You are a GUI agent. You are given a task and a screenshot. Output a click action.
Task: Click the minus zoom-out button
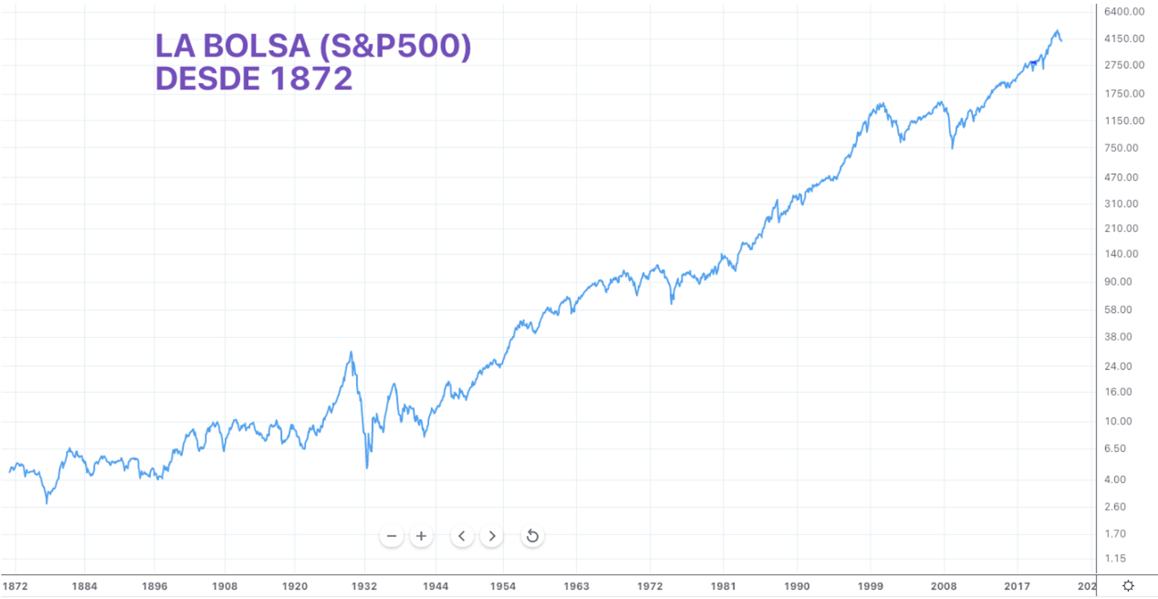click(x=391, y=536)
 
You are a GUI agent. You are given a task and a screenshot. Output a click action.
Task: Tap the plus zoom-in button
click(x=421, y=536)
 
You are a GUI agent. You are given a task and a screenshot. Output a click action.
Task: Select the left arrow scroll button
click(x=462, y=536)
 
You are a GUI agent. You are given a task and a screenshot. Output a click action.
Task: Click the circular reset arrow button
click(x=532, y=536)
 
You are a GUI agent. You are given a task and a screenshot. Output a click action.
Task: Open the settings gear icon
click(x=1128, y=586)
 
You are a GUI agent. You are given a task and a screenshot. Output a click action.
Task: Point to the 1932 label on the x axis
click(x=364, y=586)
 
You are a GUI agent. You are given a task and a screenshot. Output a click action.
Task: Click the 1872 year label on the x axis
click(x=15, y=586)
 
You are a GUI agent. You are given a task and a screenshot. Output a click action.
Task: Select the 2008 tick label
click(x=944, y=586)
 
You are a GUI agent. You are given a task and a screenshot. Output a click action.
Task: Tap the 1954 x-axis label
click(x=503, y=586)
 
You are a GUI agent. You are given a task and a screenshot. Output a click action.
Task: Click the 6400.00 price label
click(x=1124, y=12)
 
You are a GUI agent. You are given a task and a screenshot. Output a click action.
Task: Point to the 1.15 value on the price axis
click(x=1115, y=558)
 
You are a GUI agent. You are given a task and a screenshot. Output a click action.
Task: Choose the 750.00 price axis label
click(x=1121, y=148)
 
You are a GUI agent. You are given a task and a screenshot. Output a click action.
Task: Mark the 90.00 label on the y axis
click(x=1118, y=282)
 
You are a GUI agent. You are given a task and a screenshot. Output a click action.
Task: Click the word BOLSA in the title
click(x=256, y=46)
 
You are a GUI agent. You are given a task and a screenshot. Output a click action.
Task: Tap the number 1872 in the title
click(x=311, y=79)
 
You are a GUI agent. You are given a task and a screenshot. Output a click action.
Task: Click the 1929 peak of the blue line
click(x=351, y=353)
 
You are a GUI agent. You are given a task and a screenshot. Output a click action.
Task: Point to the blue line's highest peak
click(x=1057, y=30)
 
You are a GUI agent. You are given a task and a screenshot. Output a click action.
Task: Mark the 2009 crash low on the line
click(x=952, y=148)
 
